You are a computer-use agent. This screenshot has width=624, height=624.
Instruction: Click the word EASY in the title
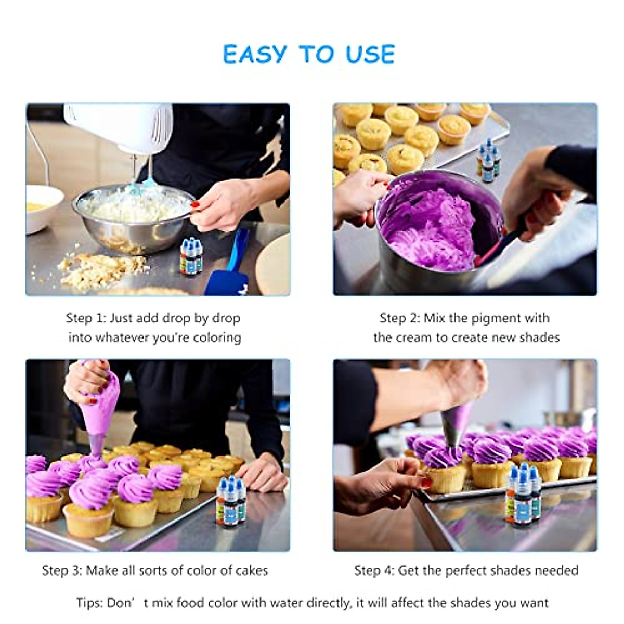pos(255,54)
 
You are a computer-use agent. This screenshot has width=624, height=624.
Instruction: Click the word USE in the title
pos(370,54)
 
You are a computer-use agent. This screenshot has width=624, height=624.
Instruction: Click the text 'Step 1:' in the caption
pos(86,318)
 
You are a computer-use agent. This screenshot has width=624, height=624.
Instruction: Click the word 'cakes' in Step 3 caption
pos(251,570)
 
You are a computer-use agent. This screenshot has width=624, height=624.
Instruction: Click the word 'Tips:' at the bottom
pos(89,603)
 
